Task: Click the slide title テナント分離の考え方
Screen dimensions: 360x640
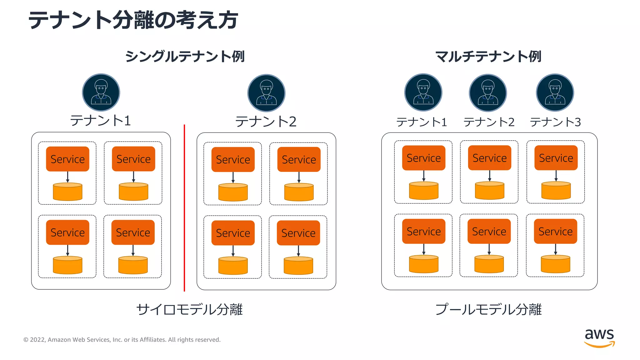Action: pos(133,20)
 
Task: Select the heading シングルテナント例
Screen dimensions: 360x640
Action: pos(185,57)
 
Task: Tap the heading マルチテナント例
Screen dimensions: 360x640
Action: pos(488,57)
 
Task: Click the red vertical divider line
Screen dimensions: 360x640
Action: pos(184,208)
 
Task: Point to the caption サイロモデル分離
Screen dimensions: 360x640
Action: pos(189,309)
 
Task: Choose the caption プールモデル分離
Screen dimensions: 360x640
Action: pos(488,309)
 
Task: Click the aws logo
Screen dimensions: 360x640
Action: pos(599,337)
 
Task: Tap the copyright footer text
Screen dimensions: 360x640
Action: pos(122,340)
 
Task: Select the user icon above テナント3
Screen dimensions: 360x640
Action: pos(555,92)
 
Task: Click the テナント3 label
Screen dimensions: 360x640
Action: pos(555,122)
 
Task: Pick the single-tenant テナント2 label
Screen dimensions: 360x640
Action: pos(266,122)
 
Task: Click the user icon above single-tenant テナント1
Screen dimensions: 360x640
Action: pos(101,92)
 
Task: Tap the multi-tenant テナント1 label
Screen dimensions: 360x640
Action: pos(422,122)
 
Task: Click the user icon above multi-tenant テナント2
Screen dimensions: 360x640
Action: pos(488,93)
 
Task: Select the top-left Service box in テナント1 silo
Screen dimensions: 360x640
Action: pos(67,159)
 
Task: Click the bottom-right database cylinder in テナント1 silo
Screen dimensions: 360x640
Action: pos(133,265)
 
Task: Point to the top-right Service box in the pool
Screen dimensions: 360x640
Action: pos(556,158)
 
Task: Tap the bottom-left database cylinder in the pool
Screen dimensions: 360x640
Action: pos(423,264)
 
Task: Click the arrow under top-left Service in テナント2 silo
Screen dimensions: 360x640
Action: pos(233,177)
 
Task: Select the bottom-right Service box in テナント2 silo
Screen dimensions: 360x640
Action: pos(298,233)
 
